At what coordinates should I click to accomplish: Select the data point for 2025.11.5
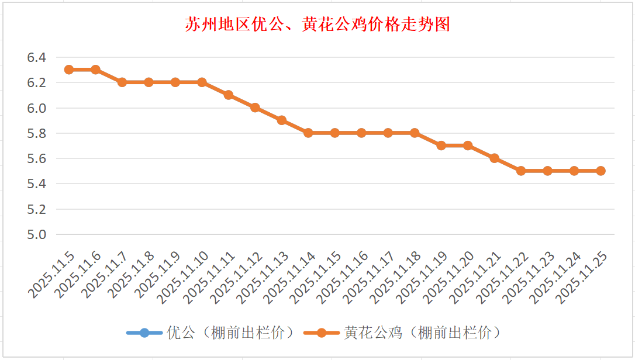pyautogui.click(x=69, y=70)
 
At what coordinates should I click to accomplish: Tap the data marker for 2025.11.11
pyautogui.click(x=229, y=95)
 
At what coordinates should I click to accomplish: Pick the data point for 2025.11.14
pyautogui.click(x=308, y=133)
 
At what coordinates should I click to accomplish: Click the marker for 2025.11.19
pyautogui.click(x=441, y=146)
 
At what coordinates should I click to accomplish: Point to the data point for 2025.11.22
pyautogui.click(x=521, y=171)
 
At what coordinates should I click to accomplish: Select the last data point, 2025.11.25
pyautogui.click(x=601, y=171)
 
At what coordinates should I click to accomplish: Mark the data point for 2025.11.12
pyautogui.click(x=255, y=108)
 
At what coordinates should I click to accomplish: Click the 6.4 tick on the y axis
pyautogui.click(x=36, y=57)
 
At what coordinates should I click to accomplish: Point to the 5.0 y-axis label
pyautogui.click(x=36, y=234)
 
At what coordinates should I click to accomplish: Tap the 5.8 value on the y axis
pyautogui.click(x=36, y=133)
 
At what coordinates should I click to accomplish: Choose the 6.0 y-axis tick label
pyautogui.click(x=36, y=108)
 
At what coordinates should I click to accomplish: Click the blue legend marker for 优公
pyautogui.click(x=144, y=333)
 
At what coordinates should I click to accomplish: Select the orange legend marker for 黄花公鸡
pyautogui.click(x=322, y=333)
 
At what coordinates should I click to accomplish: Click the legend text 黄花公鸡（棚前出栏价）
pyautogui.click(x=423, y=333)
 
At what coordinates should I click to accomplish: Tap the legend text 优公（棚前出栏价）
pyautogui.click(x=230, y=333)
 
